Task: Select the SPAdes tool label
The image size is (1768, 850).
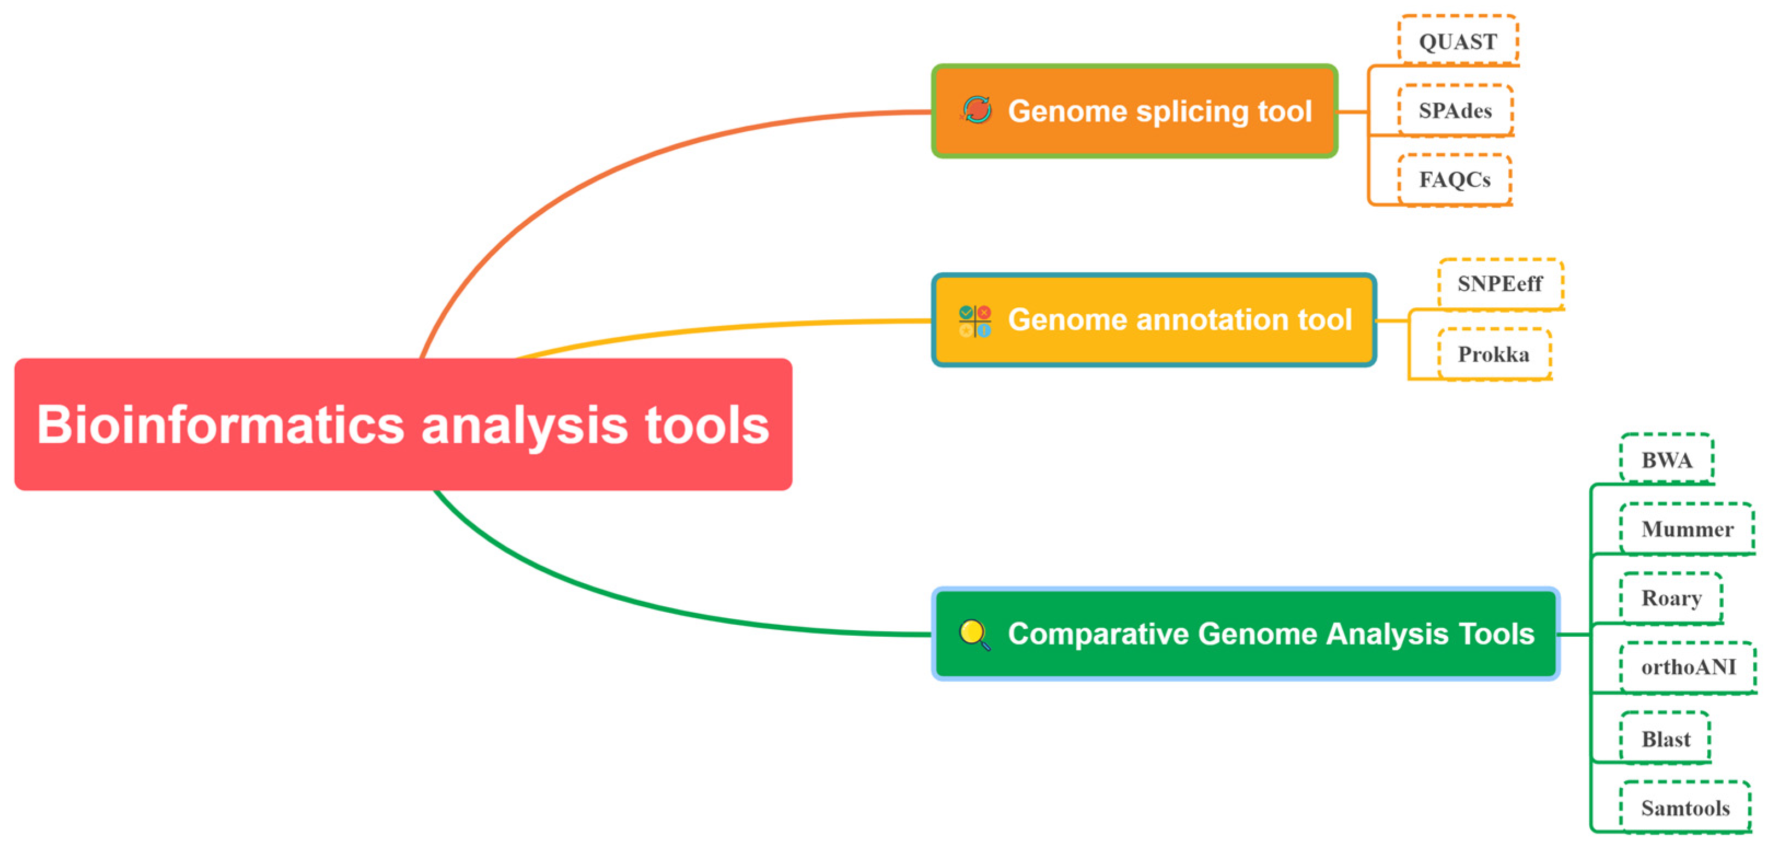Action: point(1455,110)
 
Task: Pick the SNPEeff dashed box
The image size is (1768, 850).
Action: point(1501,283)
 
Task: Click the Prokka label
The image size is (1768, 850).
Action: point(1493,354)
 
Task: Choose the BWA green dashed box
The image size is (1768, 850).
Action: point(1666,460)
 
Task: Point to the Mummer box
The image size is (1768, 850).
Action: point(1687,529)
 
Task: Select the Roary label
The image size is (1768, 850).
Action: point(1671,597)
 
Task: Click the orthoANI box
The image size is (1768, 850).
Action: point(1688,667)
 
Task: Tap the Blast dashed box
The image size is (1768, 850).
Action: point(1666,739)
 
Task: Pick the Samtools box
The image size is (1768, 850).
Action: point(1685,807)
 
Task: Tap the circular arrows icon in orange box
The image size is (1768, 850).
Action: point(976,110)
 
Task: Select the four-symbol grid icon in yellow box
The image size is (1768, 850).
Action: point(975,321)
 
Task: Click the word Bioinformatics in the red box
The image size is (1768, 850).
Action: point(220,425)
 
